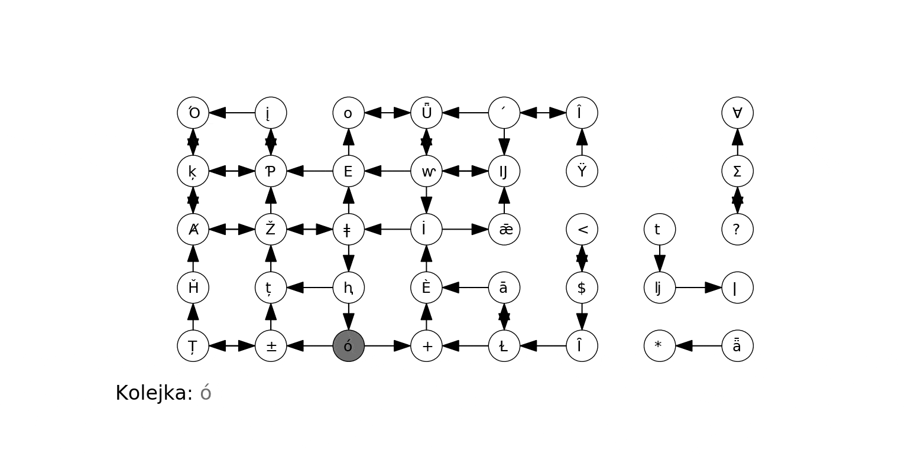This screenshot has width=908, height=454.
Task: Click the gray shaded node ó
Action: [349, 346]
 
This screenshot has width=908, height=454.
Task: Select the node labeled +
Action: [426, 346]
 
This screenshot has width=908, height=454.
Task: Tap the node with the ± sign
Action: [271, 346]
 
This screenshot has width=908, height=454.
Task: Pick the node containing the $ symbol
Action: [582, 288]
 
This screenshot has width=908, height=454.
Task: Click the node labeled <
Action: [582, 229]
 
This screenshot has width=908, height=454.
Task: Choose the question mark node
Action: [737, 229]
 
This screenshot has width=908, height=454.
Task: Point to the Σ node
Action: [737, 171]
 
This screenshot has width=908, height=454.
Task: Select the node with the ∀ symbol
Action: [737, 113]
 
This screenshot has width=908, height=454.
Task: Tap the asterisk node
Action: [660, 346]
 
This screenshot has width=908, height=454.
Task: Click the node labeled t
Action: [660, 229]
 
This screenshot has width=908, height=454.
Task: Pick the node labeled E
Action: [349, 171]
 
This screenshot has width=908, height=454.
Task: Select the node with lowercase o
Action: [349, 113]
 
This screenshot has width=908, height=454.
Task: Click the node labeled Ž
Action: [271, 229]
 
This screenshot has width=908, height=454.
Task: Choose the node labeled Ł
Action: [504, 346]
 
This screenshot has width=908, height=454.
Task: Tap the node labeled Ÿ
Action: [582, 171]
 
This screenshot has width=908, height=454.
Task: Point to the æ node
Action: [504, 229]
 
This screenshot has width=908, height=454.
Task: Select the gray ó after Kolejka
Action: [206, 393]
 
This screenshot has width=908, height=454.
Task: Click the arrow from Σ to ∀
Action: [737, 142]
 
